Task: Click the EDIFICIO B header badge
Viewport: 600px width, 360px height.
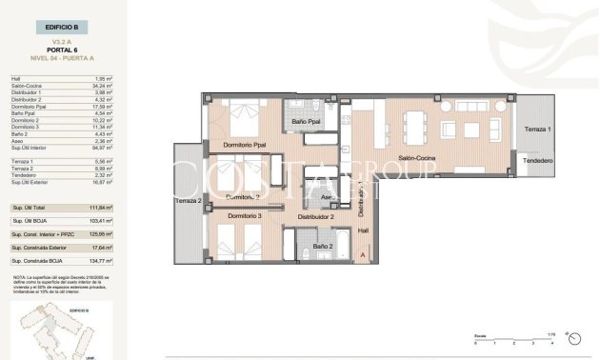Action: pos(60,30)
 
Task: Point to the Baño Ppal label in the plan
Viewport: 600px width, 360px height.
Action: pos(305,123)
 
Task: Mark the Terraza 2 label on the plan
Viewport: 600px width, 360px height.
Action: pos(189,201)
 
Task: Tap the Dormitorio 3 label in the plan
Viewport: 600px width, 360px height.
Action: pos(245,217)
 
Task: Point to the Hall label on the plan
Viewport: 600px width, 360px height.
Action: pos(362,230)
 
